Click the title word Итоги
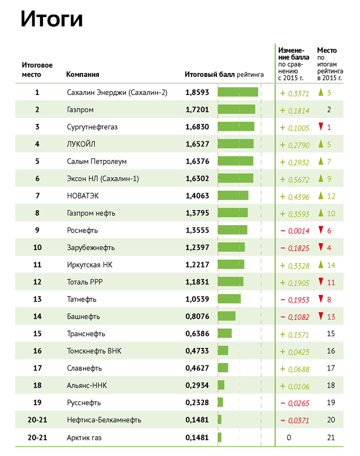click(x=52, y=20)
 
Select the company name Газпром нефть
click(x=91, y=213)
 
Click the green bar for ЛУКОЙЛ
click(x=235, y=144)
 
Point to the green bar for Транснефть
click(x=224, y=334)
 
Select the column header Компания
click(x=83, y=74)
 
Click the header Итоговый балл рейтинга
click(x=224, y=74)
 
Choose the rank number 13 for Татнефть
click(x=37, y=299)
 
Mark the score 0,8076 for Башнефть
click(x=197, y=316)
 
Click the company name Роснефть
click(x=83, y=230)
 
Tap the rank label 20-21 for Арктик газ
click(x=37, y=437)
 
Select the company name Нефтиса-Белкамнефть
click(x=103, y=420)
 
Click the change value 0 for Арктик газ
click(x=288, y=437)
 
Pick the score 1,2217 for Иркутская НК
click(x=197, y=265)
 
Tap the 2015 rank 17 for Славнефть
click(x=331, y=368)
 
